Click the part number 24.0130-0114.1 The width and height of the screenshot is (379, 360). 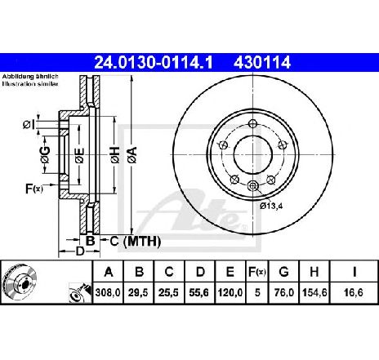tap(154, 63)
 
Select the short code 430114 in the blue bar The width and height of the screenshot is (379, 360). tap(262, 63)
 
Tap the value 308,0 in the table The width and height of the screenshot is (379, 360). tap(108, 292)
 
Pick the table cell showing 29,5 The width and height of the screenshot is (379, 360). tap(139, 292)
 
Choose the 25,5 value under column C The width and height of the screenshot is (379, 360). tap(169, 292)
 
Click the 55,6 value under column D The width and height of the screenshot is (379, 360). tap(200, 292)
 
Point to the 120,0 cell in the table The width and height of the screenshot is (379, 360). tap(230, 292)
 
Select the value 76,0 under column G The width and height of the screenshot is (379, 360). tap(283, 292)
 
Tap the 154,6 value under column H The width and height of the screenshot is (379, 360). tap(314, 292)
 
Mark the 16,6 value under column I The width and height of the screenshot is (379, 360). tap(354, 292)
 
